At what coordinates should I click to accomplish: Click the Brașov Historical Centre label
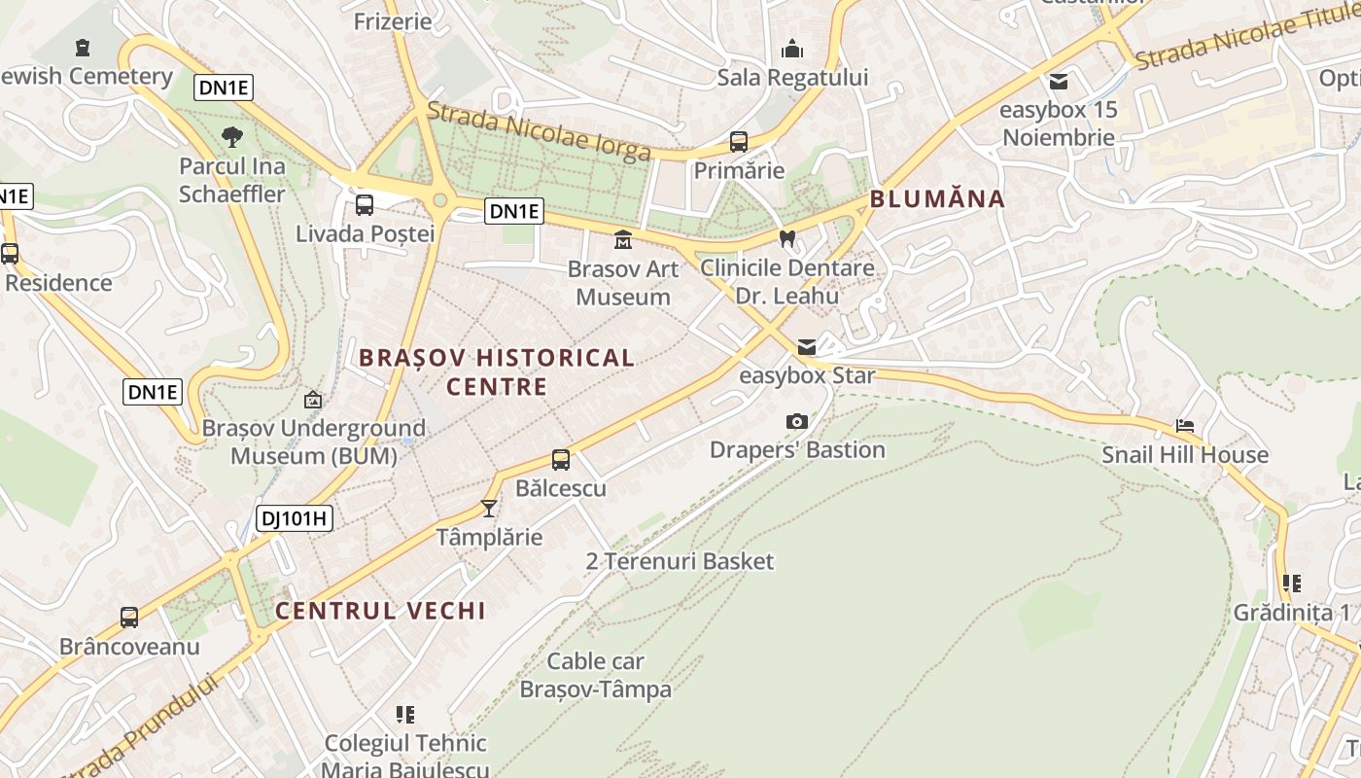[497, 371]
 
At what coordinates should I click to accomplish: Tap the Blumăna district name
[937, 199]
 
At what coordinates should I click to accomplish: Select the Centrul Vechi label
[380, 611]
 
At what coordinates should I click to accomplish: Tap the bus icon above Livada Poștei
[365, 205]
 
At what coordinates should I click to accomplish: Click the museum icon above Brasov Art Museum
[623, 239]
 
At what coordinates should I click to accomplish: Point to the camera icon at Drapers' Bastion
[797, 421]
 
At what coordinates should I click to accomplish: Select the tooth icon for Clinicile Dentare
[787, 237]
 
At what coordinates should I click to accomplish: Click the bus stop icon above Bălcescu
[561, 460]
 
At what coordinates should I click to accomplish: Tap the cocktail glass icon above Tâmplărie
[489, 508]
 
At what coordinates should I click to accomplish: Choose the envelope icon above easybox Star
[807, 347]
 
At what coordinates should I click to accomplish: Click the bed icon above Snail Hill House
[1185, 426]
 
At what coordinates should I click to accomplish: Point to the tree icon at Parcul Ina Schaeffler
[232, 137]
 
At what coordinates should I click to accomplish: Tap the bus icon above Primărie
[739, 142]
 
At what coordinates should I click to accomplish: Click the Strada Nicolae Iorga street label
[539, 131]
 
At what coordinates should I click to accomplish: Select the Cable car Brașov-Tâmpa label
[596, 675]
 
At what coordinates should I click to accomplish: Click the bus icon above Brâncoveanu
[129, 618]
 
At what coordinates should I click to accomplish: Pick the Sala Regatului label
[792, 78]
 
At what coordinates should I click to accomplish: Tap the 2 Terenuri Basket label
[680, 561]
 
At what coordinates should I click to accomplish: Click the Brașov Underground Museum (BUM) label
[313, 442]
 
